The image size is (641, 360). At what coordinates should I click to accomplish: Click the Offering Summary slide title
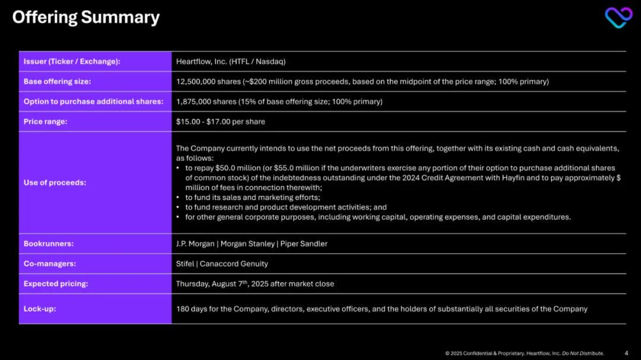pyautogui.click(x=85, y=18)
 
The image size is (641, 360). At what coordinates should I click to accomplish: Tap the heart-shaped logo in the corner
pyautogui.click(x=618, y=17)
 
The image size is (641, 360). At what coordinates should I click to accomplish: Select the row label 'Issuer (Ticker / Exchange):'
pyautogui.click(x=72, y=62)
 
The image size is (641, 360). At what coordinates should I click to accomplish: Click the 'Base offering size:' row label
pyautogui.click(x=57, y=82)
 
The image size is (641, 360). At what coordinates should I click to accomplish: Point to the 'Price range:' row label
pyautogui.click(x=45, y=122)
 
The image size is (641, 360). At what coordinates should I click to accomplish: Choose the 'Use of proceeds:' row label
pyautogui.click(x=55, y=183)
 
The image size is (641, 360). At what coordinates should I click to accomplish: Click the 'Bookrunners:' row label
pyautogui.click(x=49, y=244)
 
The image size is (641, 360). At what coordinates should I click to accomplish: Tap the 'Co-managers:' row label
pyautogui.click(x=50, y=264)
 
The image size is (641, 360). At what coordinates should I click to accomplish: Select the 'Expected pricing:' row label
pyautogui.click(x=56, y=284)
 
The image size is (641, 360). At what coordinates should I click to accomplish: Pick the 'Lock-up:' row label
pyautogui.click(x=40, y=309)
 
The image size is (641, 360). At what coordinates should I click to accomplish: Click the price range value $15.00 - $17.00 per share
pyautogui.click(x=220, y=122)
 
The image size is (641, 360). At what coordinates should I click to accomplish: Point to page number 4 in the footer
pyautogui.click(x=627, y=353)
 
